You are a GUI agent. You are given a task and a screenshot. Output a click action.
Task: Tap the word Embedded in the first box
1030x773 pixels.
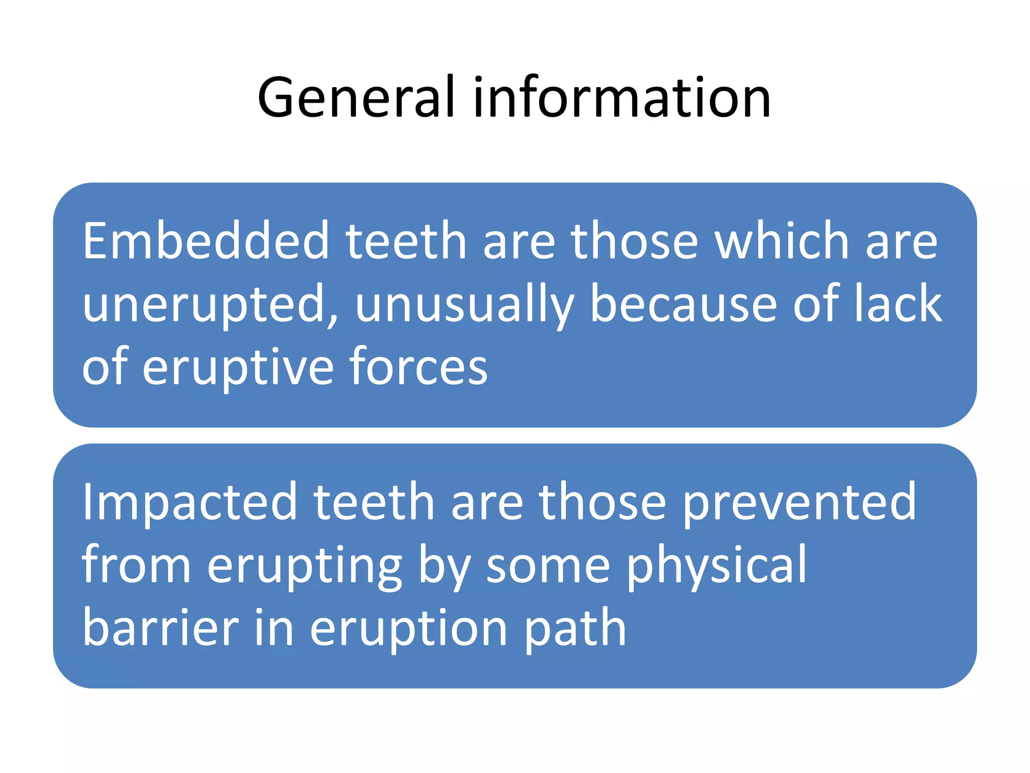pyautogui.click(x=205, y=242)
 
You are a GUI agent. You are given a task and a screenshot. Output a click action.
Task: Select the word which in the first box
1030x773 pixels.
pyautogui.click(x=782, y=242)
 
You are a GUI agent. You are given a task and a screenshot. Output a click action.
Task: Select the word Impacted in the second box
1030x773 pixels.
pyautogui.click(x=190, y=502)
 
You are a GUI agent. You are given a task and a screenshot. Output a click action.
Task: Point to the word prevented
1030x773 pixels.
pyautogui.click(x=799, y=502)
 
